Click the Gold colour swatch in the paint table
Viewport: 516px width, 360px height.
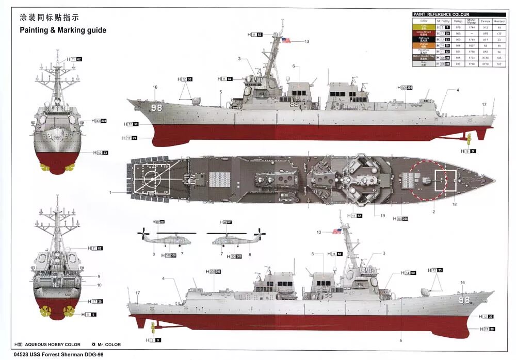coord(424,26)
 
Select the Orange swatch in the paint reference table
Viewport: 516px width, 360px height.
coord(424,45)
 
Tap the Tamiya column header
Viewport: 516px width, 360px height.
coord(485,21)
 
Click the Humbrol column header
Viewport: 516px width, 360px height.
coord(499,21)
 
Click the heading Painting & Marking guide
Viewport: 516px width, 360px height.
coord(63,30)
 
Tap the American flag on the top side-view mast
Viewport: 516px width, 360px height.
coord(286,41)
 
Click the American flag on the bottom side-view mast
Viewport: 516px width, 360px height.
coord(337,232)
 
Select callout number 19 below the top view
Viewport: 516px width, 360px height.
coord(382,215)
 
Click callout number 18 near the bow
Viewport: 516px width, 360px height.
coord(455,205)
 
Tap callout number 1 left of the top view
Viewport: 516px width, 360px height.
coord(110,192)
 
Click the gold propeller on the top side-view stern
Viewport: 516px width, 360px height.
coord(469,138)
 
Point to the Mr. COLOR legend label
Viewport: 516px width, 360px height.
coord(108,345)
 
